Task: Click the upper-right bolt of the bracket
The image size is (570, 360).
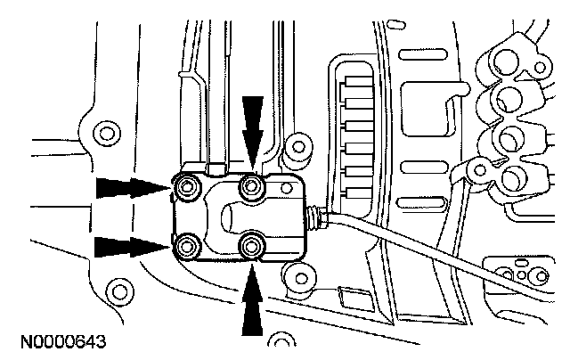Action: (253, 186)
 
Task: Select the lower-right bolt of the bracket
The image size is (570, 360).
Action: (253, 243)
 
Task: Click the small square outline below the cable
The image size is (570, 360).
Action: (349, 295)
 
